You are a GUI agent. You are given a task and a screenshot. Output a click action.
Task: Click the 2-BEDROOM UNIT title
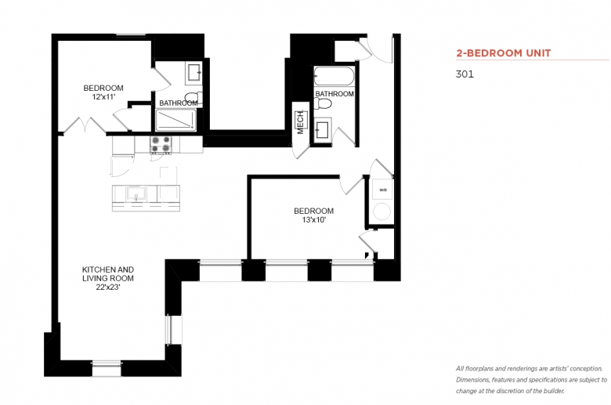tap(504, 53)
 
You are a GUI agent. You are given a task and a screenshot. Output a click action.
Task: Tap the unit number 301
tap(465, 74)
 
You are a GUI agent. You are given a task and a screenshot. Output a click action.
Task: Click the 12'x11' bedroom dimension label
tap(103, 97)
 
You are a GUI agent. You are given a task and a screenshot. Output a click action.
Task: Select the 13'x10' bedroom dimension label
tap(313, 220)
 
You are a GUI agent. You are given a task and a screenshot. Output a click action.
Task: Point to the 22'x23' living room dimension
tap(108, 287)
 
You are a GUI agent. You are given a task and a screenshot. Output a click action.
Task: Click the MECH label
tap(301, 123)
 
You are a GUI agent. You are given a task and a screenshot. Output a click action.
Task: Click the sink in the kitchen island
tap(136, 193)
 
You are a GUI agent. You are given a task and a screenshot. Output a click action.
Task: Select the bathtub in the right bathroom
tap(334, 76)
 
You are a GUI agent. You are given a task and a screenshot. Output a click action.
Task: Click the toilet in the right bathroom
tap(323, 103)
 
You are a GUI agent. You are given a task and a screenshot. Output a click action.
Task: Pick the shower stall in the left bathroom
tap(176, 120)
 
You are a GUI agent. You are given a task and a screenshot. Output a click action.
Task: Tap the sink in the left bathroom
tap(194, 73)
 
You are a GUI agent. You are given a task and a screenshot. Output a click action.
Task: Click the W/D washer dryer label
tap(383, 190)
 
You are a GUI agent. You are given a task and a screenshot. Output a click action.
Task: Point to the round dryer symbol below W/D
tap(382, 212)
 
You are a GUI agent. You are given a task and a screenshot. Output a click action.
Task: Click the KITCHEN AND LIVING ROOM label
tap(108, 273)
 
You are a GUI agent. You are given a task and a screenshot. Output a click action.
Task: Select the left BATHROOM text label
tap(179, 103)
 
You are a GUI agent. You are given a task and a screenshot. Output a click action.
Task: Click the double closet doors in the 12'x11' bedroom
tap(84, 125)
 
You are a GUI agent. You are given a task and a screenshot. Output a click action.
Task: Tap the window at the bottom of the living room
tap(107, 369)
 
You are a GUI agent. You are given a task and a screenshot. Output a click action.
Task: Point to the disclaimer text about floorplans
tap(532, 380)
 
